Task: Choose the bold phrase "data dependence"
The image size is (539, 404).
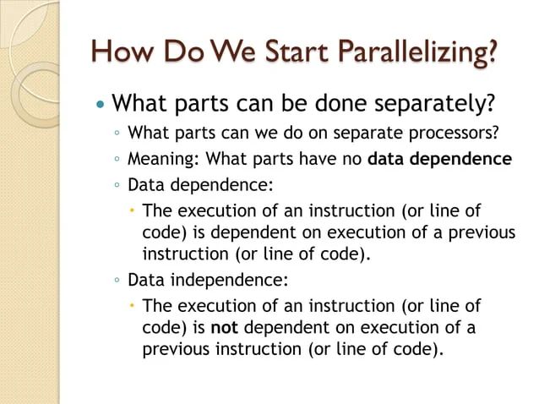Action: [440, 158]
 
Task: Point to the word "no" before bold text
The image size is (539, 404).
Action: [352, 158]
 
